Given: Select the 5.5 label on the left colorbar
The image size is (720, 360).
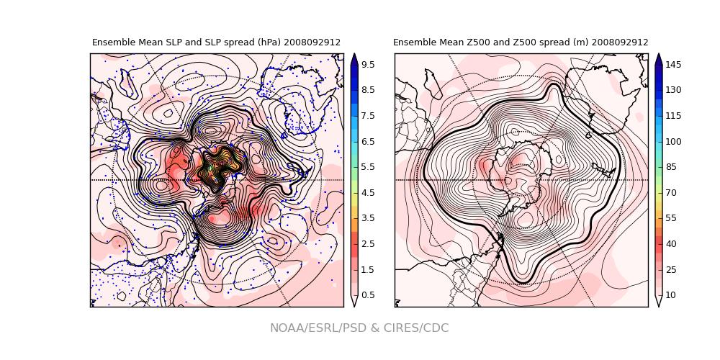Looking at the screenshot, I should [367, 167].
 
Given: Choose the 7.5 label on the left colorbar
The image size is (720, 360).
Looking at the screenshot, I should [367, 116].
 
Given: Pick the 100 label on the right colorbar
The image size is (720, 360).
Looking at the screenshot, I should [674, 141].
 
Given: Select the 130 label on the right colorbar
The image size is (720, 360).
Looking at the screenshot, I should [674, 90].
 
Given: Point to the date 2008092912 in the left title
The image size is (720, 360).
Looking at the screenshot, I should [312, 42].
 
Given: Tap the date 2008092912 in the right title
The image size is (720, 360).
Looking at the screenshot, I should [620, 42].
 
